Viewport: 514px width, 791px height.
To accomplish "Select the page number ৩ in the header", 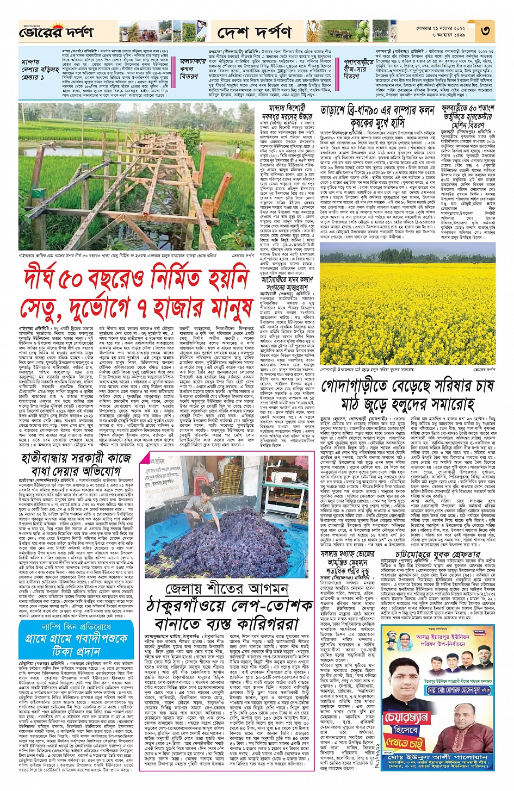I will click(x=485, y=31).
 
